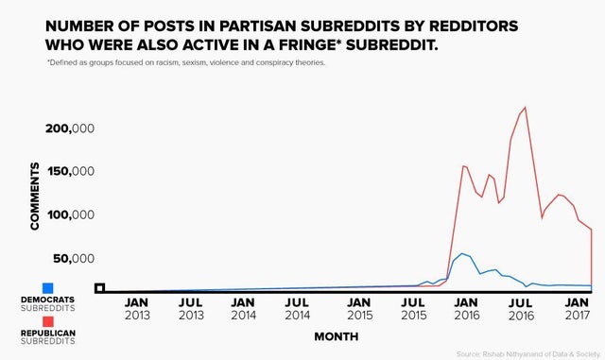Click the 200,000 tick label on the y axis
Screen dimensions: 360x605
[67, 129]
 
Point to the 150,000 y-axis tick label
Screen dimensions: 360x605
[67, 172]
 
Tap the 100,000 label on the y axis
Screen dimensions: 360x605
[67, 215]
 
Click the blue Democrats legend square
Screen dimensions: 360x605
[47, 287]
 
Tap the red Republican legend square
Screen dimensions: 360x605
[47, 322]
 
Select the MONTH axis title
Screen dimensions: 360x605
[337, 335]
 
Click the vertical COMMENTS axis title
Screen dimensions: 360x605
[35, 196]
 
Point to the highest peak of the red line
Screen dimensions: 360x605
[525, 108]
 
